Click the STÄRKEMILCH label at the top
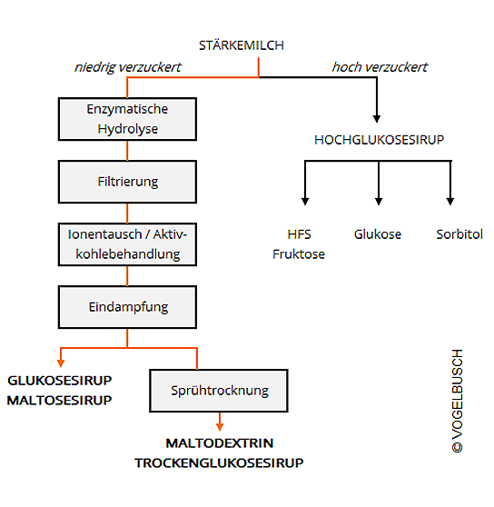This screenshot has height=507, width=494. point(242,45)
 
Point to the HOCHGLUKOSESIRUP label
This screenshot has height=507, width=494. point(380,140)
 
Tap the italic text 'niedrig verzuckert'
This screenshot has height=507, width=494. point(128,67)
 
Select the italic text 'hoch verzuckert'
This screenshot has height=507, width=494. point(380,67)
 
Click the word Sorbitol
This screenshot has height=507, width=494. point(459,234)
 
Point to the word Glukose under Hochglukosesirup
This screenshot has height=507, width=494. point(378,234)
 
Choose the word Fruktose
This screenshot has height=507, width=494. point(299,254)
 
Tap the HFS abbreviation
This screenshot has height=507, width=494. point(299,234)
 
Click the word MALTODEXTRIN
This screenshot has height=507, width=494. point(220,443)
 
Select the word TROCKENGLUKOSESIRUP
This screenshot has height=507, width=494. point(219,463)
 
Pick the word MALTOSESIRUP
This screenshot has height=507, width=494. point(59,401)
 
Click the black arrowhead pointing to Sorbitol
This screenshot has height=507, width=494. point(450,202)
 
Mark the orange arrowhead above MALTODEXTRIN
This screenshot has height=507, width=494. point(220,427)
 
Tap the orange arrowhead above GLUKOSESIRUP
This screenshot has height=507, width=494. point(61,363)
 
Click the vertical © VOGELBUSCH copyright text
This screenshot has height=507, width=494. point(458,401)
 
